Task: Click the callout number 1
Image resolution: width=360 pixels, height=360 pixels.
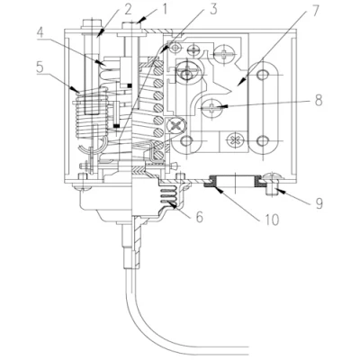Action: coord(165,9)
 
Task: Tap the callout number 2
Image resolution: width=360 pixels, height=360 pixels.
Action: coord(128,9)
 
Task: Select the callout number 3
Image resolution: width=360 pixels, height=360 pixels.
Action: coord(212,9)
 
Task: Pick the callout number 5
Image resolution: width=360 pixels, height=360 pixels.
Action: coord(40,67)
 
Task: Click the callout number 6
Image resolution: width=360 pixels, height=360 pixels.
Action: coord(200,217)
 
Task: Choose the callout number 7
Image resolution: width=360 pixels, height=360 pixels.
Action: coord(314,11)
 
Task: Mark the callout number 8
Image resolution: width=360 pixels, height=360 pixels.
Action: coord(319,100)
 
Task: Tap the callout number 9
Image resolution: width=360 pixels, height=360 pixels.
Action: coord(319,203)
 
